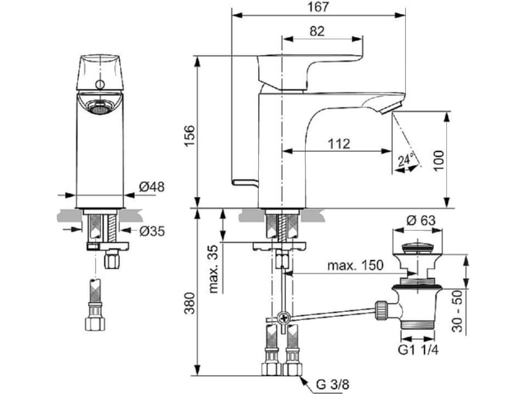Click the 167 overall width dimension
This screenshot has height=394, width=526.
point(318,7)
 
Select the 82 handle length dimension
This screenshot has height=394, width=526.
point(317,31)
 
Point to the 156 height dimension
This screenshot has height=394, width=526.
point(190,135)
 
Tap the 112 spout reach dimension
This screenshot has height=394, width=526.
point(339,144)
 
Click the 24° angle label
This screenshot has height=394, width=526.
point(407,158)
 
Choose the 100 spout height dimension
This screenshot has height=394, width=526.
point(438,161)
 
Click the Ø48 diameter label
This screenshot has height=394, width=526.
point(152,187)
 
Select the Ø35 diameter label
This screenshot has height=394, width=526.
point(152,231)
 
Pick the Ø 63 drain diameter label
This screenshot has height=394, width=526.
point(421,220)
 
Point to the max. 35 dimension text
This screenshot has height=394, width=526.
point(214,269)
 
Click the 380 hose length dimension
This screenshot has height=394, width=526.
point(190,303)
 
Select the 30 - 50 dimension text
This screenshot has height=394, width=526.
point(457,311)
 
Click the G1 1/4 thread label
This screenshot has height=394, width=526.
point(418,350)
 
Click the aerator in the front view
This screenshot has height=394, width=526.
point(99,108)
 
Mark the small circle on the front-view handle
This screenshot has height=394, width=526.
point(100,85)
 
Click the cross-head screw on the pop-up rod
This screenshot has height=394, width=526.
point(284,317)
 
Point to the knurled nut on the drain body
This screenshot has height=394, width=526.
point(381,310)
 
